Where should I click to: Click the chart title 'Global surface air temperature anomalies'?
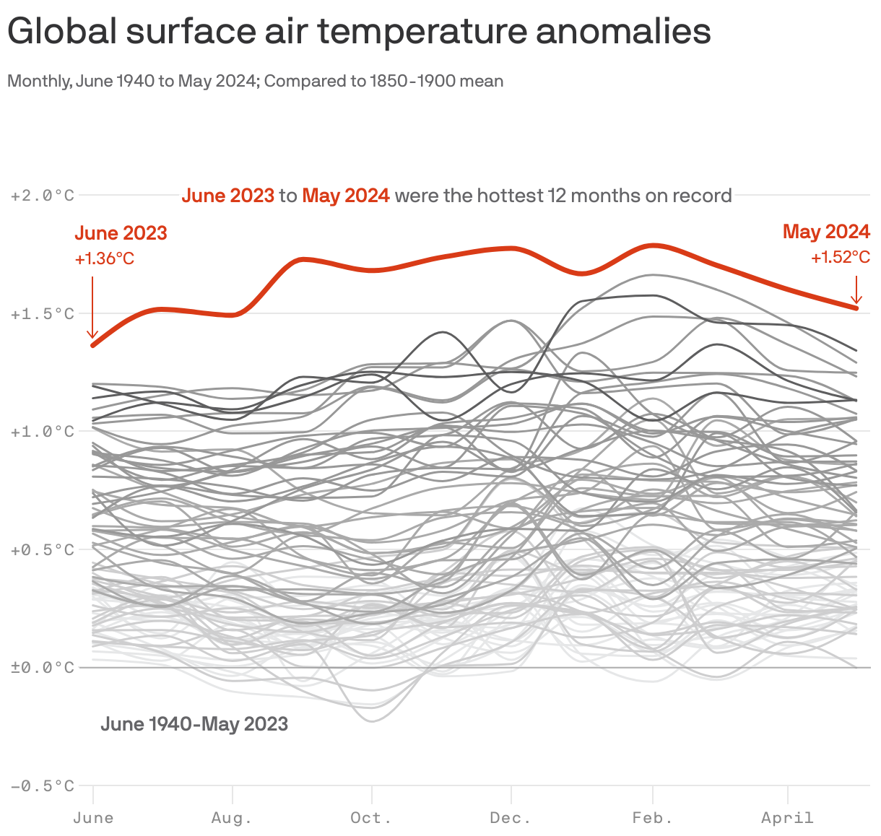tap(359, 32)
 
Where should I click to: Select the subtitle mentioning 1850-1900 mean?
tap(255, 81)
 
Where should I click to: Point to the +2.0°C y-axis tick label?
tap(43, 196)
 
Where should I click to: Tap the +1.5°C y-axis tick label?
tap(43, 314)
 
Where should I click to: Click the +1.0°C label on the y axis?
tap(43, 432)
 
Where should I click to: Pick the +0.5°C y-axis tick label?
tap(43, 550)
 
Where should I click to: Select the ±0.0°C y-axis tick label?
tap(43, 668)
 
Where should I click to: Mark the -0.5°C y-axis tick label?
tap(43, 786)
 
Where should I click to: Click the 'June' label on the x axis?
tap(93, 818)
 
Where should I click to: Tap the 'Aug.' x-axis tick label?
tap(232, 818)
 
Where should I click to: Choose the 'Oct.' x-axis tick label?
tap(371, 818)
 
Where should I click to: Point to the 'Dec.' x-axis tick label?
tap(511, 818)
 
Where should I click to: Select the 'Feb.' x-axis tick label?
tap(653, 818)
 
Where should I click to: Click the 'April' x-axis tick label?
tap(787, 818)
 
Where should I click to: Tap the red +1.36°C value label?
tap(105, 258)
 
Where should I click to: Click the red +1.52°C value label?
tap(840, 257)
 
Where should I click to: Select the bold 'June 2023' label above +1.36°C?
tap(121, 233)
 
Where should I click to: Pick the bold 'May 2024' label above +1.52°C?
tap(826, 232)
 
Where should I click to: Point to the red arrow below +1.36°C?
tap(92, 307)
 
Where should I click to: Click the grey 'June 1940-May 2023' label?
tap(194, 724)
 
